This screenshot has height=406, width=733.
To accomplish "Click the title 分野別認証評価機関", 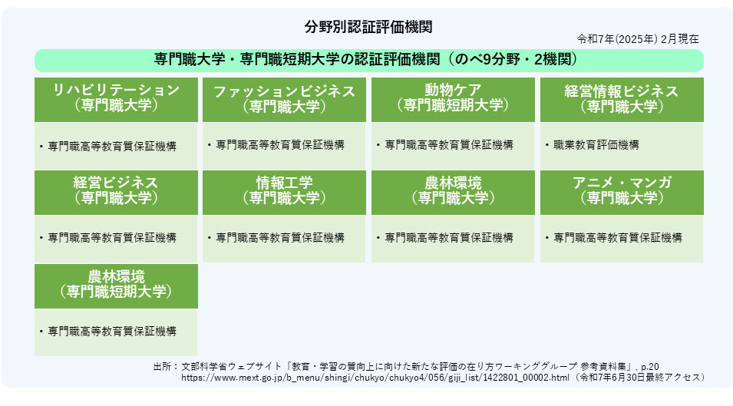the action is [x=368, y=27].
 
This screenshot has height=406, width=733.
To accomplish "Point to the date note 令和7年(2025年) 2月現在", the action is [x=638, y=39].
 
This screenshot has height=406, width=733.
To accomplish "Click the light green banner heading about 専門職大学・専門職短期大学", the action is [x=369, y=61].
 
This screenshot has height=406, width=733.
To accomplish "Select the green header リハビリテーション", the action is [x=116, y=100].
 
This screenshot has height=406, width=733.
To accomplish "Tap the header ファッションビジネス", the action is [x=284, y=100].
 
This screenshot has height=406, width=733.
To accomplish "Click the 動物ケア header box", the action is [x=453, y=100].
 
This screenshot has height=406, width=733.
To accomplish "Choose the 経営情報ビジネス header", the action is [x=622, y=100].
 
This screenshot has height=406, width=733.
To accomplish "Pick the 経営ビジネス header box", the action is [x=116, y=193].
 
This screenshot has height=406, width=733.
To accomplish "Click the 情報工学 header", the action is [x=284, y=193].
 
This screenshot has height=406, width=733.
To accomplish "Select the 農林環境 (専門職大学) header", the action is [x=453, y=193].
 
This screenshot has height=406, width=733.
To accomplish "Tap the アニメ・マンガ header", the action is [x=622, y=193].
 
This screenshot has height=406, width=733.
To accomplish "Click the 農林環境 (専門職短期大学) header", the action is [x=116, y=286].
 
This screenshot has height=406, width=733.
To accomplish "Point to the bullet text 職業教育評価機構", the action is [x=596, y=145].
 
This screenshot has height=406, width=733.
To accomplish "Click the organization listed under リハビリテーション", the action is [x=112, y=147].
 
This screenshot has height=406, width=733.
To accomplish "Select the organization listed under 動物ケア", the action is [x=449, y=145].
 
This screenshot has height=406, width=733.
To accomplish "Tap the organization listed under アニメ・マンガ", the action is [x=618, y=238].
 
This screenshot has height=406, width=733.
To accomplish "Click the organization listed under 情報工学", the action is [x=280, y=238].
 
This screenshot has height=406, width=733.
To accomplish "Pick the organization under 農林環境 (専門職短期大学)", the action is [x=112, y=332].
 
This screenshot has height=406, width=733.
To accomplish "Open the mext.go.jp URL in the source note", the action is [x=375, y=378].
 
